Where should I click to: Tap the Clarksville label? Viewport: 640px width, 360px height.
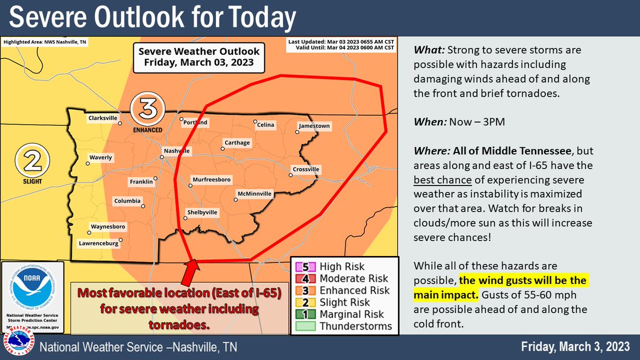tap(103, 119)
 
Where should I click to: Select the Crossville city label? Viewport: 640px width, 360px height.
tap(306, 170)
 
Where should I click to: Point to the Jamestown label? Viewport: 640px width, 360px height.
tap(314, 126)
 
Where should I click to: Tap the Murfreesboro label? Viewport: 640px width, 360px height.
tap(211, 179)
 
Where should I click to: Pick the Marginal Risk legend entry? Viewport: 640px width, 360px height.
tap(345, 314)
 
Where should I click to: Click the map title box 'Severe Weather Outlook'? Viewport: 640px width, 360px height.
tap(199, 57)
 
